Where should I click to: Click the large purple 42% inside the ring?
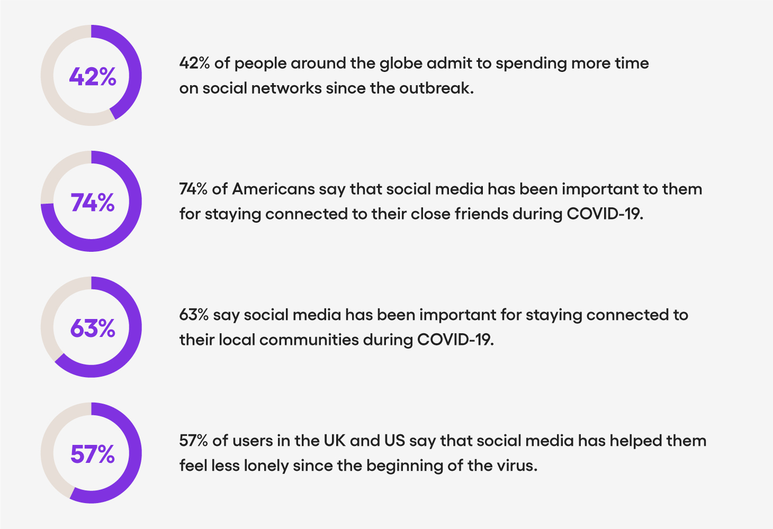(x=93, y=76)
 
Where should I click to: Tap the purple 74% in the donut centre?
(x=93, y=202)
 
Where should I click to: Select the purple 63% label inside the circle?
(x=93, y=328)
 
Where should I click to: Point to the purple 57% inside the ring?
(x=93, y=454)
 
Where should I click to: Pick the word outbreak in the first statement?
(x=437, y=88)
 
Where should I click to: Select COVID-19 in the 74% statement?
(x=605, y=214)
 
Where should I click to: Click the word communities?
(x=309, y=340)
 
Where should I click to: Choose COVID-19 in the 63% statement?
(x=455, y=340)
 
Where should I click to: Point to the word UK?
(x=335, y=441)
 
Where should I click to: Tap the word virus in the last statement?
(x=517, y=466)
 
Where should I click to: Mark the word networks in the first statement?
(x=286, y=88)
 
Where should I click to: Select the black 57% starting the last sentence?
(x=194, y=441)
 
